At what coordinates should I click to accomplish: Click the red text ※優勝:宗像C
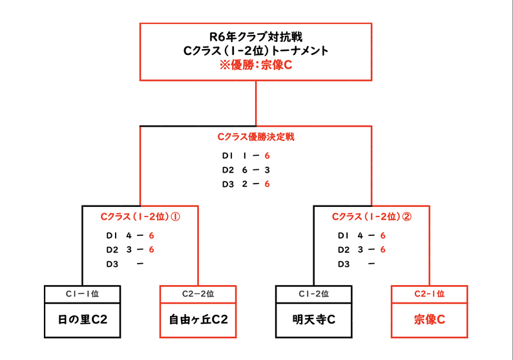255,65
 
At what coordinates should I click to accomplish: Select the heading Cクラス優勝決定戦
256,137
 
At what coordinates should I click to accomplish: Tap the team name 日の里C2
83,319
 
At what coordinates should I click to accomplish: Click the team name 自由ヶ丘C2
198,319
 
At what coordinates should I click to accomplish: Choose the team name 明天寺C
314,319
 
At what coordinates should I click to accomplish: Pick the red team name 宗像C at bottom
430,319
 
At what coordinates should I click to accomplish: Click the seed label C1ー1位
83,294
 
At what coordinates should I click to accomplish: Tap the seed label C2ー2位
198,294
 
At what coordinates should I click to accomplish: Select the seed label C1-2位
314,294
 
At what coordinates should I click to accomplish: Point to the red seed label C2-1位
430,294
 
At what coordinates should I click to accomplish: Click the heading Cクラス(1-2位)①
140,217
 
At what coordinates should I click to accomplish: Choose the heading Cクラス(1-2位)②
372,217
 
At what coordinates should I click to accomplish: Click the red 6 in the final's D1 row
267,156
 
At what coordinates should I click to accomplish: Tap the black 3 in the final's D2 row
267,170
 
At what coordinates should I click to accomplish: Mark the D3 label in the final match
228,184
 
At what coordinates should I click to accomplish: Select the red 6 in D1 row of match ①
151,236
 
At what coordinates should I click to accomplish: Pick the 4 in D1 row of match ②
361,236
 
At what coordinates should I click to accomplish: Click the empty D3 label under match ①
112,264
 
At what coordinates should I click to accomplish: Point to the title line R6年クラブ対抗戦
256,37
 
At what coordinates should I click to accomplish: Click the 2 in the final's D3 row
245,184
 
